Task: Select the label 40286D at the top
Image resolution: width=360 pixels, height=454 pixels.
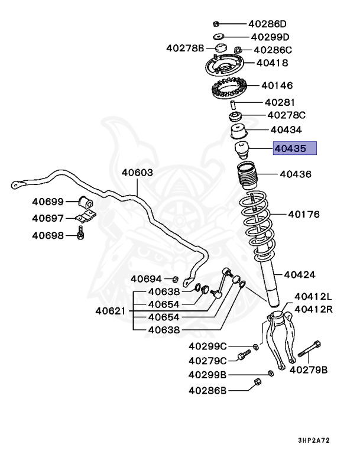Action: pyautogui.click(x=267, y=24)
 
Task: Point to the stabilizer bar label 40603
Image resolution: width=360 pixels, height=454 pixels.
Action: pyautogui.click(x=137, y=173)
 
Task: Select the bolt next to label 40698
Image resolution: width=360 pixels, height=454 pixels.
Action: pyautogui.click(x=80, y=235)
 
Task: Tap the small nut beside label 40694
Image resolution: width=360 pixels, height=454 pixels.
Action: pyautogui.click(x=176, y=278)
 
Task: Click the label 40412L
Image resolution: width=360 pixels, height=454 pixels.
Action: pyautogui.click(x=313, y=296)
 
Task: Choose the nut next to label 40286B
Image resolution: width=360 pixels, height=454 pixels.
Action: pyautogui.click(x=257, y=382)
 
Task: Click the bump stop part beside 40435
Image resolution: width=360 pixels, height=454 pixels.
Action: pyautogui.click(x=242, y=150)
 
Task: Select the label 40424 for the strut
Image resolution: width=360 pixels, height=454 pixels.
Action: pyautogui.click(x=299, y=274)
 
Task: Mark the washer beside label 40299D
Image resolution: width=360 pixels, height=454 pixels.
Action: pyautogui.click(x=218, y=37)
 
